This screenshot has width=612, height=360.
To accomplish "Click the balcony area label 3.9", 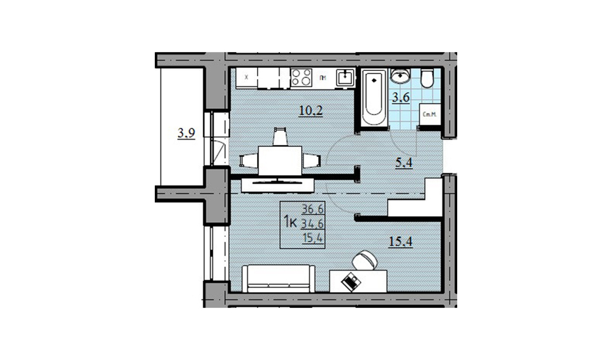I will pos(186,134).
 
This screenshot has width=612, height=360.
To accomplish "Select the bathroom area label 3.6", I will pos(401,97).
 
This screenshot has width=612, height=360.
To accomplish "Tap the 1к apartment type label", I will pos(290,222).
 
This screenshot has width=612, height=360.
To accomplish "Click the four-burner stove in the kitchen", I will pos(300,77).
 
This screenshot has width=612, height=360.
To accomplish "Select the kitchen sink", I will pos(346,77).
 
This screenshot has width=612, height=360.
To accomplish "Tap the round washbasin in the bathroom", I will pos(400,77).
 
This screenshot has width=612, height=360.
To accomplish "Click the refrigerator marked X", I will pos(246,78).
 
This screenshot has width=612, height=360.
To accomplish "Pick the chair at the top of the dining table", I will pos(280,136).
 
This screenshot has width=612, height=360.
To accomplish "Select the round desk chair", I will pos(365,260).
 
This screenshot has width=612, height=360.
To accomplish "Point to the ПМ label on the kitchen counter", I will pos(323,78).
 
